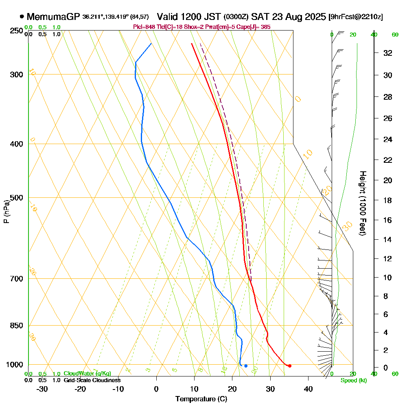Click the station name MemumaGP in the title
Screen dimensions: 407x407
[53, 17]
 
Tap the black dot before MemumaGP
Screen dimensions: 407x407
[21, 17]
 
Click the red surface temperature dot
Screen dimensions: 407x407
[289, 366]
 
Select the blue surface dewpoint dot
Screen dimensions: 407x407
[246, 366]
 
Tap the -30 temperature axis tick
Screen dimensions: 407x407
[42, 389]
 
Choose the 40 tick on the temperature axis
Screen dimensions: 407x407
[308, 389]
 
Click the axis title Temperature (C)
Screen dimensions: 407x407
[201, 399]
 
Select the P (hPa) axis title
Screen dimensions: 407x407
[6, 211]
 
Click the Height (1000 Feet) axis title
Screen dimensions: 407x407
[362, 203]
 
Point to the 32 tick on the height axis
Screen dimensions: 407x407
[388, 53]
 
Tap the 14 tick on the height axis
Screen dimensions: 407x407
[388, 239]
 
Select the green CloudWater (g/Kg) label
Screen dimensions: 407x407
[87, 374]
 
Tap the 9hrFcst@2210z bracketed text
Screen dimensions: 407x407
[355, 17]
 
